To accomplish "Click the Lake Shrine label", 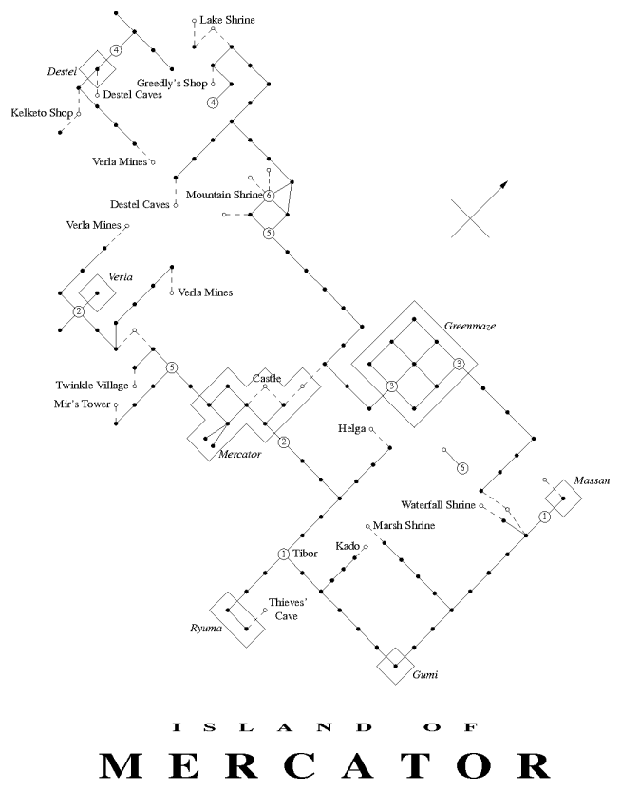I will click(228, 19).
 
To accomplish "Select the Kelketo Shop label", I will click(42, 113).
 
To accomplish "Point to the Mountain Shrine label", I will click(224, 195).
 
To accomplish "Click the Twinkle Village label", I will click(92, 385).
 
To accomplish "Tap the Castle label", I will click(266, 379).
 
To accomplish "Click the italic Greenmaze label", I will click(470, 326).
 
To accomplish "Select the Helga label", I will click(351, 428).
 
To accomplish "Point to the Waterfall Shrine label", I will click(438, 505).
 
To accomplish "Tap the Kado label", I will click(347, 546).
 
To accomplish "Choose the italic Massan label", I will click(593, 481).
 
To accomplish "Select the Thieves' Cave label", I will click(285, 609).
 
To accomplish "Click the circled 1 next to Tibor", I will click(282, 555).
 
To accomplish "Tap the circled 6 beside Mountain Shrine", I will click(270, 196).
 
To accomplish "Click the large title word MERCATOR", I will click(310, 764).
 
